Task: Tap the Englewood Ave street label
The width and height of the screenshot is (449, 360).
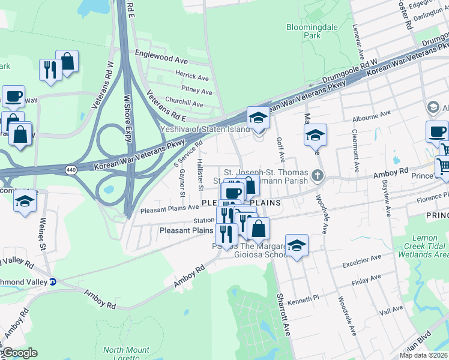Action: point(161,61)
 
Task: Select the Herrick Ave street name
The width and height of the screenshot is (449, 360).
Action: point(191,77)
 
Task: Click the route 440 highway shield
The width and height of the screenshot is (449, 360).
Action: point(71,171)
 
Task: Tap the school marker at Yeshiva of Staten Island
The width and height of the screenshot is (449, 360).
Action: point(258,118)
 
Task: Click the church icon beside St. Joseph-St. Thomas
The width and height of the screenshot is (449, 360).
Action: point(318,177)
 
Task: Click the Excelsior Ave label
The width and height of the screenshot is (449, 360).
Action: point(363,260)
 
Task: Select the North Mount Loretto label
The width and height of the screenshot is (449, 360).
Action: point(126,354)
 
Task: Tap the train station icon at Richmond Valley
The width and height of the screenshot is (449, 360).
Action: point(52,281)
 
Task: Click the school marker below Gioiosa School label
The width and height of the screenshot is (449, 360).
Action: point(297,245)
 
